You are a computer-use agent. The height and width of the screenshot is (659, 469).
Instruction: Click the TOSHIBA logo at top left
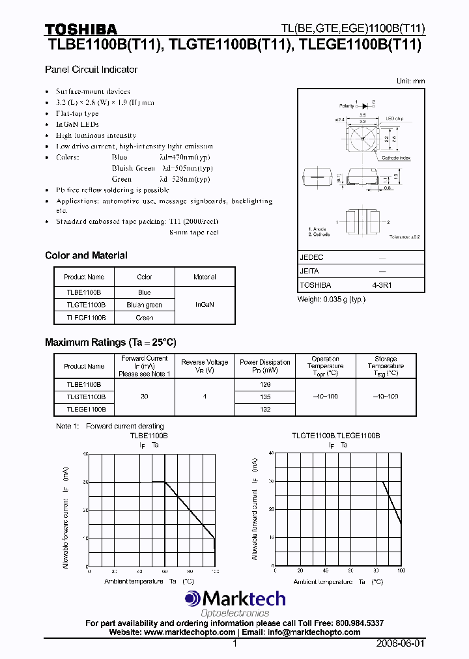81,29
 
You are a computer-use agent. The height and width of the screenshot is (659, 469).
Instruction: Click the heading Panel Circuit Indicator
91,69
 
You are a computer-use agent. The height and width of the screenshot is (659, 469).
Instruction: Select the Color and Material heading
86,255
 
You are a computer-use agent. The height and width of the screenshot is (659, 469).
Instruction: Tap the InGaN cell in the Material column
205,305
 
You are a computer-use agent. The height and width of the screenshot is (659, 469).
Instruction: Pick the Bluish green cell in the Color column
145,305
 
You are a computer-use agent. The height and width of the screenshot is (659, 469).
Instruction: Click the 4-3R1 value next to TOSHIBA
382,285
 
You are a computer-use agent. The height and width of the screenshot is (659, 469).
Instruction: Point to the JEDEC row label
311,257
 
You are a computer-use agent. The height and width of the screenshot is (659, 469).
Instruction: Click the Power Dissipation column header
264,366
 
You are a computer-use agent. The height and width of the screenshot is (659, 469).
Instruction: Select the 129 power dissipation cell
264,384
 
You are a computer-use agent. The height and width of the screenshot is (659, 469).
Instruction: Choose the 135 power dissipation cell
264,397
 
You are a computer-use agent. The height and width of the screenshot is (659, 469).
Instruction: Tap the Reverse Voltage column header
205,366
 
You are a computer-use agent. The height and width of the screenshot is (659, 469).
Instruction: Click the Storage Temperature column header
386,366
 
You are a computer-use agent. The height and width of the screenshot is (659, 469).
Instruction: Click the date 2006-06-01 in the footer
400,643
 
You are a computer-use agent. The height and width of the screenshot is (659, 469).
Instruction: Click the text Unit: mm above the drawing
410,81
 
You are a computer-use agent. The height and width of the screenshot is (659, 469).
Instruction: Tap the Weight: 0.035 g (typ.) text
332,299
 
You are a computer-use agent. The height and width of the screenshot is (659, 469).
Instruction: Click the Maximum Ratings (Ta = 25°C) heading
110,342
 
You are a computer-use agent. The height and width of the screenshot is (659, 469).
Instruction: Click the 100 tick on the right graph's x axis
400,570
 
